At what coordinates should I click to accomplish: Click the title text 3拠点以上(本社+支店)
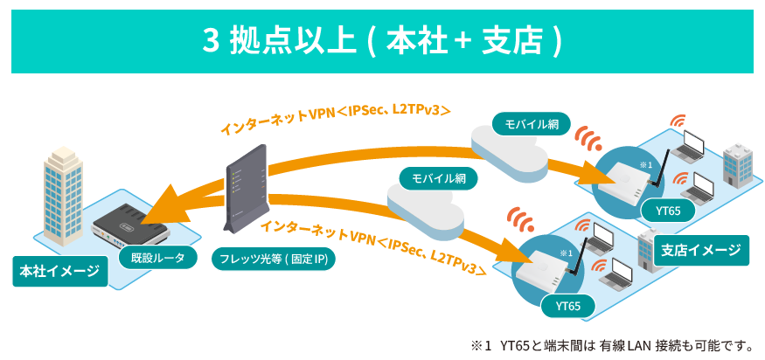click(x=382, y=41)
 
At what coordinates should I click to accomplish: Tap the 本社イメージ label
click(x=59, y=271)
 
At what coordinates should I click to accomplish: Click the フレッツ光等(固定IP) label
click(x=274, y=260)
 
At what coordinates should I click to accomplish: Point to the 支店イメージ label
click(x=701, y=250)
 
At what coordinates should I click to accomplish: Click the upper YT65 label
click(x=668, y=211)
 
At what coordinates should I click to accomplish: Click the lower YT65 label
click(x=568, y=306)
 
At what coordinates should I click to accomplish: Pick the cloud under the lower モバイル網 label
click(x=426, y=210)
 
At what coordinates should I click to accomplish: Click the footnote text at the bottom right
click(x=611, y=344)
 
